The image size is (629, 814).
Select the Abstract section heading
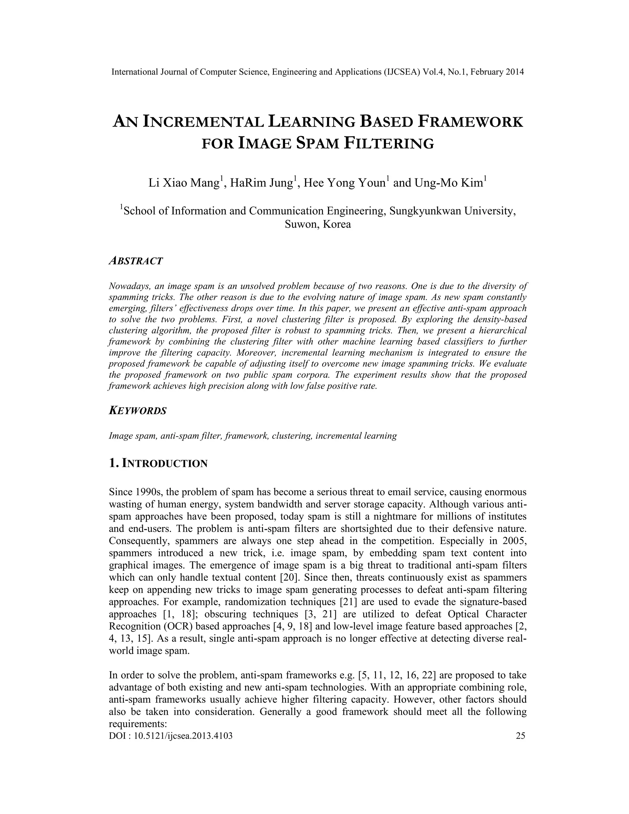[136, 261]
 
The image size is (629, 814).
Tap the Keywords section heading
[138, 411]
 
